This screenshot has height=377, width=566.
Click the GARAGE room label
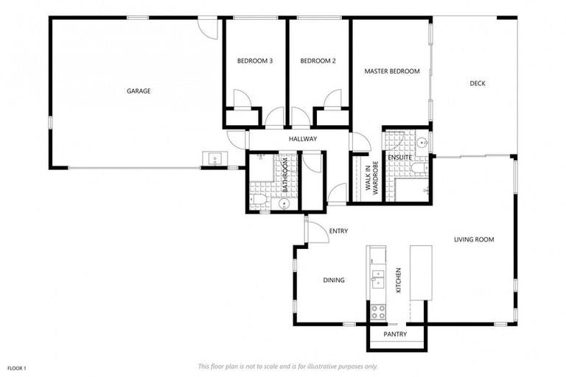click(139, 91)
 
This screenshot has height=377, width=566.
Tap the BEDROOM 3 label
click(255, 61)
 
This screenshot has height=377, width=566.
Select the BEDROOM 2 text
click(318, 61)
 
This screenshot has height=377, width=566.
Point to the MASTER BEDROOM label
click(392, 71)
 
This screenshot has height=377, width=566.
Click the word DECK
click(478, 83)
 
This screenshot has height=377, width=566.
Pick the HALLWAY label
click(303, 138)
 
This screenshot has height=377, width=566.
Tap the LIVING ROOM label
click(474, 239)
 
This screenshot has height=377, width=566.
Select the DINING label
click(335, 280)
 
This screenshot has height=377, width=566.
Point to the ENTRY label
click(339, 231)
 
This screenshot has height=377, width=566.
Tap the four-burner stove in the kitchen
click(378, 311)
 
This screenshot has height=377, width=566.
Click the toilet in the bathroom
click(258, 200)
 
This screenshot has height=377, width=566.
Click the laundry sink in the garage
click(214, 159)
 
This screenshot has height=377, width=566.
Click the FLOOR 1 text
click(18, 366)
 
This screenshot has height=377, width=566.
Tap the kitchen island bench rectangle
click(421, 272)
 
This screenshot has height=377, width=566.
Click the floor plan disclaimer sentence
click(288, 366)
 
